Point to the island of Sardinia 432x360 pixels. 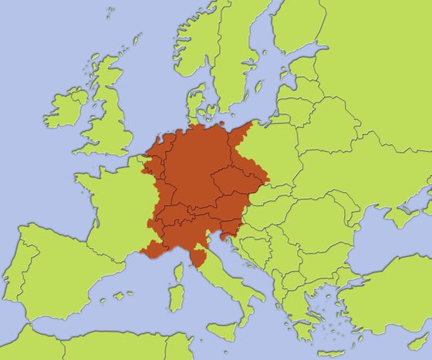[x=176, y=297]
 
